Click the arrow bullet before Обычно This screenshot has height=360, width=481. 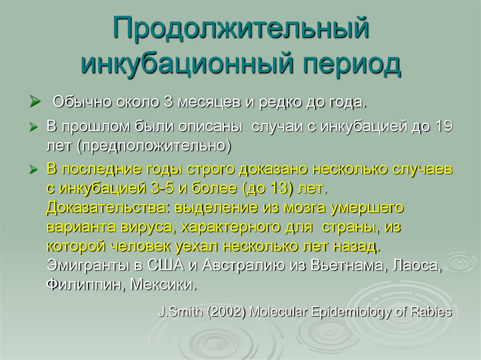(34, 100)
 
